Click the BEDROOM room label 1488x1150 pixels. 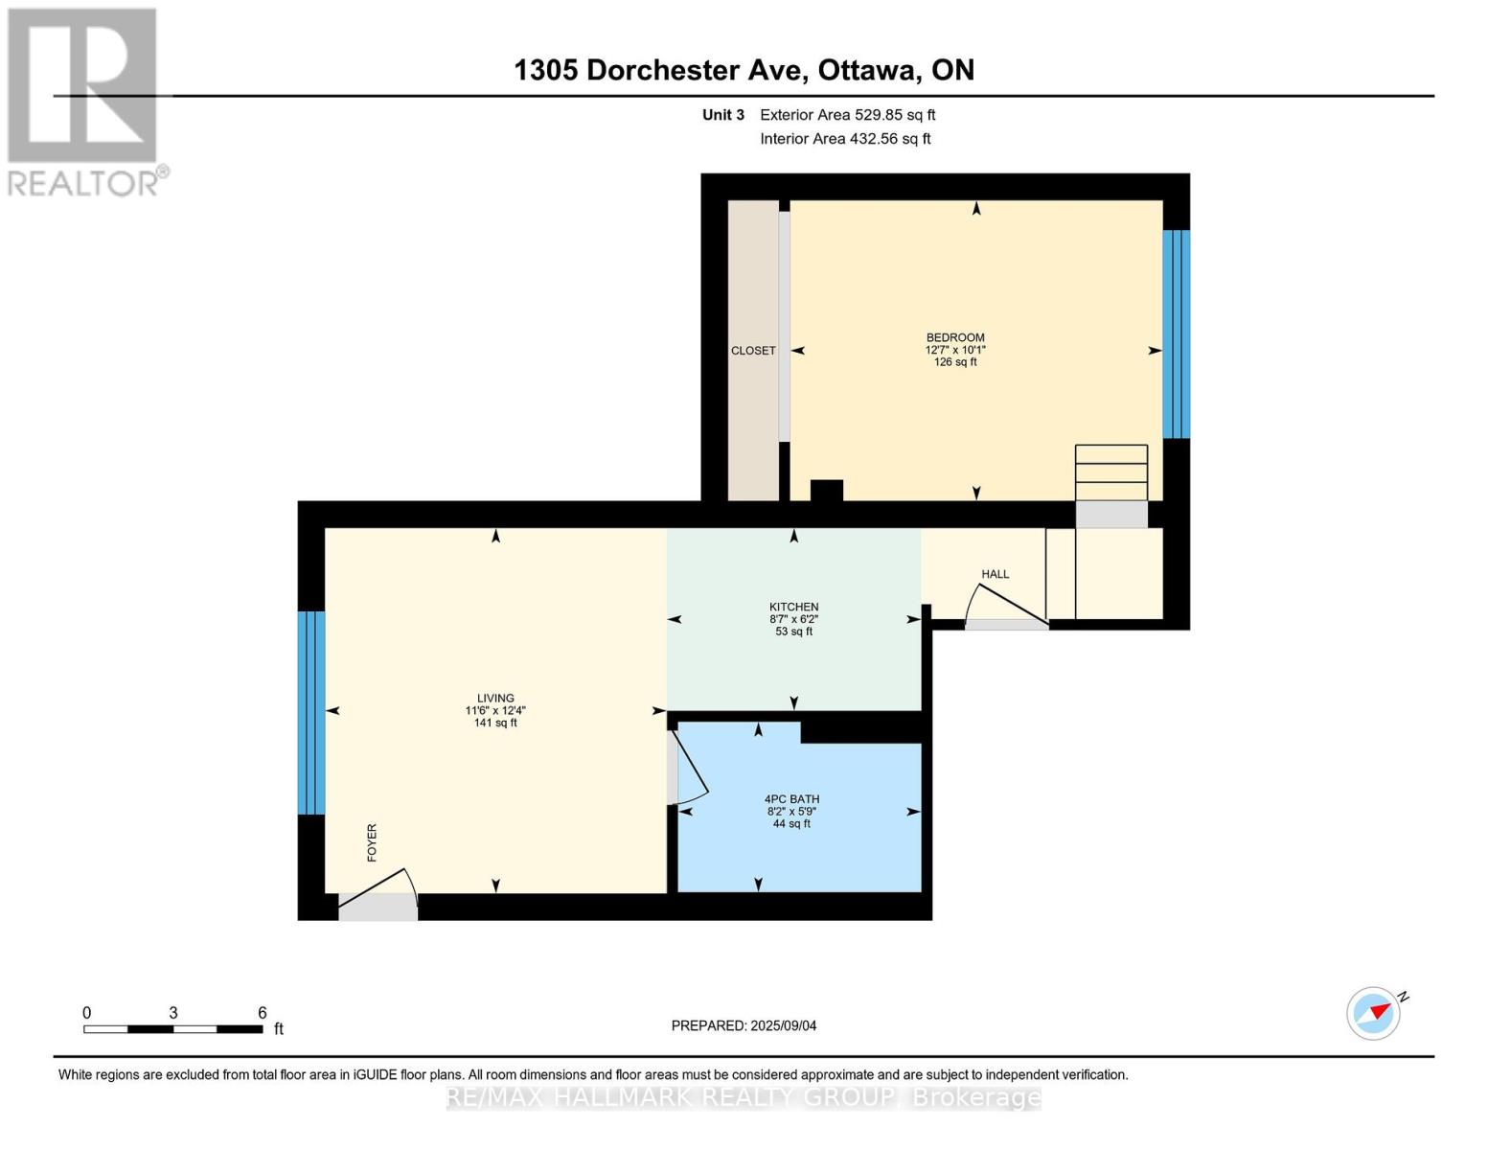pyautogui.click(x=955, y=337)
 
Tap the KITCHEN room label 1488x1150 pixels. pyautogui.click(x=793, y=607)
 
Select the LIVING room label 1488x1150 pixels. pyautogui.click(x=495, y=699)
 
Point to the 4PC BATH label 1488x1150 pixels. pyautogui.click(x=791, y=798)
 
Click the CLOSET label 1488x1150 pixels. pyautogui.click(x=753, y=351)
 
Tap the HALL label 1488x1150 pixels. pyautogui.click(x=995, y=574)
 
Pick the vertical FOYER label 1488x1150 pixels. pyautogui.click(x=372, y=842)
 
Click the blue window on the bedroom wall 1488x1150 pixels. pyautogui.click(x=1176, y=334)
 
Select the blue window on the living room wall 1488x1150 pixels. pyautogui.click(x=310, y=712)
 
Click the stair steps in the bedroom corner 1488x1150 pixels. pyautogui.click(x=1110, y=472)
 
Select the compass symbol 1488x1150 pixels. pyautogui.click(x=1374, y=1014)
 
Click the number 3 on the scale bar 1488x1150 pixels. pyautogui.click(x=173, y=1013)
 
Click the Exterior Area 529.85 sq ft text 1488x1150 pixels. pyautogui.click(x=848, y=115)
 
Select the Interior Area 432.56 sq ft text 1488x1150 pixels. pyautogui.click(x=846, y=139)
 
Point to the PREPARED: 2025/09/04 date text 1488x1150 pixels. pyautogui.click(x=744, y=1026)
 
